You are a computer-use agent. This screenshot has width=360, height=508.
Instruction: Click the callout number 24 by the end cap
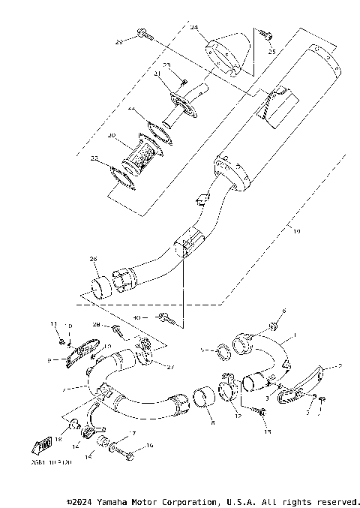point(193,27)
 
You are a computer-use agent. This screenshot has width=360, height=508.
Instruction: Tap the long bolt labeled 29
point(145,33)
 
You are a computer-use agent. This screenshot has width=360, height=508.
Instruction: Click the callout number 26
point(93,260)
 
